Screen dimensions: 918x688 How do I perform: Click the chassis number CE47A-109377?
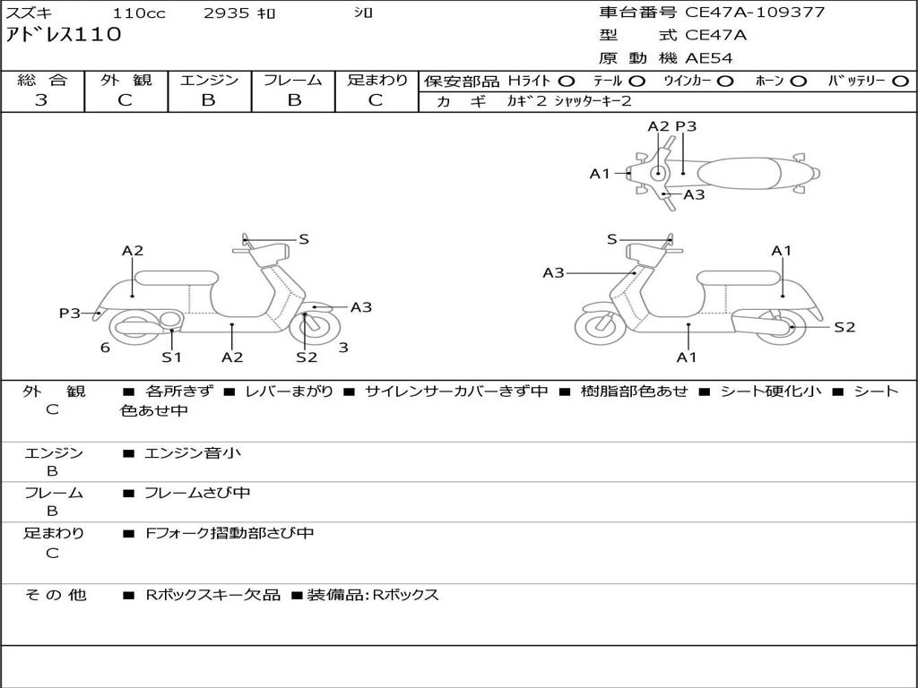tap(755, 13)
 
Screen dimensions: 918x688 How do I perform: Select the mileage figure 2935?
tap(228, 13)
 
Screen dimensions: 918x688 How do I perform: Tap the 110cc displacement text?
tap(134, 13)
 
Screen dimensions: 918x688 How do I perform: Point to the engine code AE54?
tap(709, 58)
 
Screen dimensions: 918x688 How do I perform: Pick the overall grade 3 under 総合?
tap(41, 100)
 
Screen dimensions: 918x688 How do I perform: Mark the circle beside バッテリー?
tap(901, 81)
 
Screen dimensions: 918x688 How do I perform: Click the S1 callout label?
tap(171, 357)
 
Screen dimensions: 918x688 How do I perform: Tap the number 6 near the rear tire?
tap(105, 348)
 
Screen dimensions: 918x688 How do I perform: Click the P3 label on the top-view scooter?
tap(686, 126)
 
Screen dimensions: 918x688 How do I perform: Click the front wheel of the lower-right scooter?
tap(600, 327)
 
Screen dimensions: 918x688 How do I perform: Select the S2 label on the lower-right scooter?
tap(844, 327)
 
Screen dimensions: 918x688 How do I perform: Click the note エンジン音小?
tap(193, 453)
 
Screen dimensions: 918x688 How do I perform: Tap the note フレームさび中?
tap(197, 493)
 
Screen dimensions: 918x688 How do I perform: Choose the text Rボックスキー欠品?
tap(212, 595)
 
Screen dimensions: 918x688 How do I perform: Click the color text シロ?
tap(362, 13)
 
